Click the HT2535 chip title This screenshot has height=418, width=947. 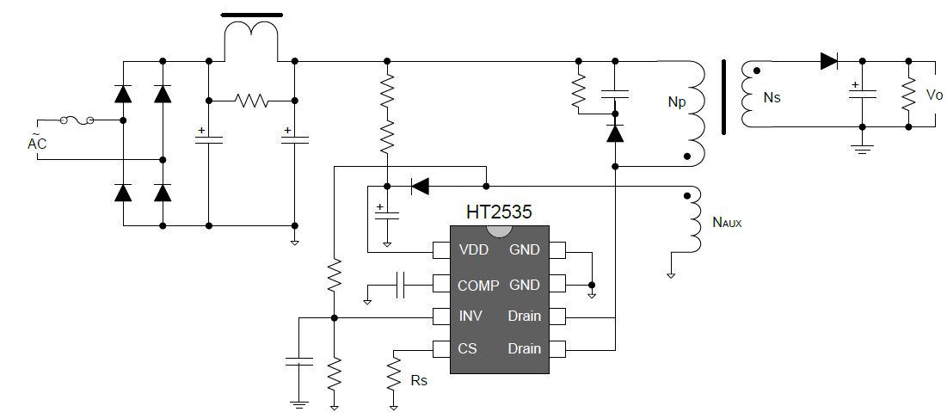coord(499,212)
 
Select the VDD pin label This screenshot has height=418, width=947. coord(473,249)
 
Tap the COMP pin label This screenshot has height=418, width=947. coord(478,285)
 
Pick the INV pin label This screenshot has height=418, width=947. coord(471,317)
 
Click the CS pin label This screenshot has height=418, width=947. coord(467,348)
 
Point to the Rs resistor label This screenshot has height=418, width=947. coord(419,380)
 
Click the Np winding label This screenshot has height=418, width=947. coord(677,102)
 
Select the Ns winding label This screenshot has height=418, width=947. coord(772,96)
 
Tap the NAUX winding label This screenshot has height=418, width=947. coord(727,222)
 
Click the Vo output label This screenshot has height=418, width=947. coord(934,95)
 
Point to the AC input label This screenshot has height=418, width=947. coord(37,143)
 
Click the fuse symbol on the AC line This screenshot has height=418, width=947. coord(77,120)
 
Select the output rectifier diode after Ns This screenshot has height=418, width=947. coord(829,61)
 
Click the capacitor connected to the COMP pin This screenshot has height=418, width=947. coord(401,285)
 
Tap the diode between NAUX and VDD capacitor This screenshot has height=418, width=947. coord(420,187)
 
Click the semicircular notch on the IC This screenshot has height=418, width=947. coord(500,231)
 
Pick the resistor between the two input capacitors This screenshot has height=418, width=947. coord(252,101)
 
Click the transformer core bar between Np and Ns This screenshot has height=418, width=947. coord(723,96)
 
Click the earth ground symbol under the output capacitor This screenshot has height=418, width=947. coord(862,149)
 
